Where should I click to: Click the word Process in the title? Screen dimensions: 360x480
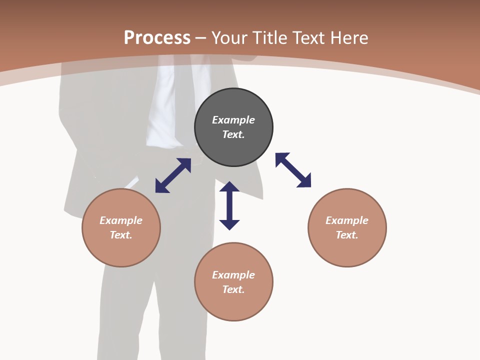pos(157,38)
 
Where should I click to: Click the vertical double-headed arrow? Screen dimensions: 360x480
pos(229,205)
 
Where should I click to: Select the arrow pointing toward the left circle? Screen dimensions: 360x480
pos(173,175)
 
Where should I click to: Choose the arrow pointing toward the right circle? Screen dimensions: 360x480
pos(293,170)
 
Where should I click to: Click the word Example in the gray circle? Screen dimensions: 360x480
pos(233,120)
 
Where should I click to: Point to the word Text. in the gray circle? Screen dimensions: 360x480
pos(233,134)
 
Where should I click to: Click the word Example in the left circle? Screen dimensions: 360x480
pos(121,220)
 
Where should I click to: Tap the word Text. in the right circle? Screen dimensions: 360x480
pos(347,235)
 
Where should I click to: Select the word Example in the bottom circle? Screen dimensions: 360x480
pos(233,275)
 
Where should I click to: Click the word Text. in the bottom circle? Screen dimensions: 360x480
pos(233,289)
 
